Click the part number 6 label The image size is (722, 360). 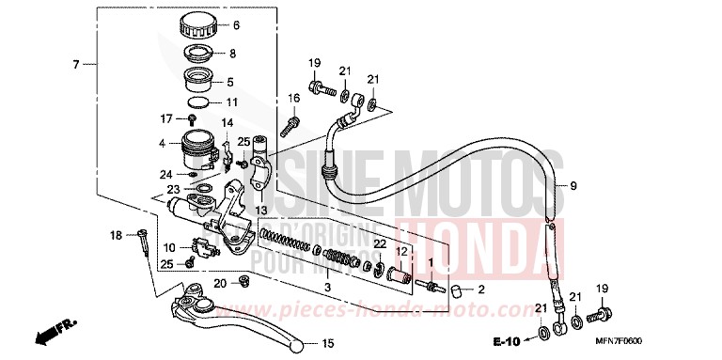[x=236, y=25]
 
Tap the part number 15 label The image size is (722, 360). [x=328, y=344]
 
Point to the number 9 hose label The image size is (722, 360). [x=573, y=187]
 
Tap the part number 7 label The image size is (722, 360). [x=76, y=64]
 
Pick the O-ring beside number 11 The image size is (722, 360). [x=197, y=101]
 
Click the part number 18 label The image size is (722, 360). [x=116, y=234]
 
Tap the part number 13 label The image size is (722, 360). [x=260, y=209]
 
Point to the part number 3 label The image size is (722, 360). [x=328, y=286]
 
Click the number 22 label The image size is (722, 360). [x=379, y=243]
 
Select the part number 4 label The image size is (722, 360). [x=162, y=144]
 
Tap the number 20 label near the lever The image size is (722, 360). [x=219, y=283]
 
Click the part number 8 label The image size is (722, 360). [x=233, y=54]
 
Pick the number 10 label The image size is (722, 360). [x=168, y=247]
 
